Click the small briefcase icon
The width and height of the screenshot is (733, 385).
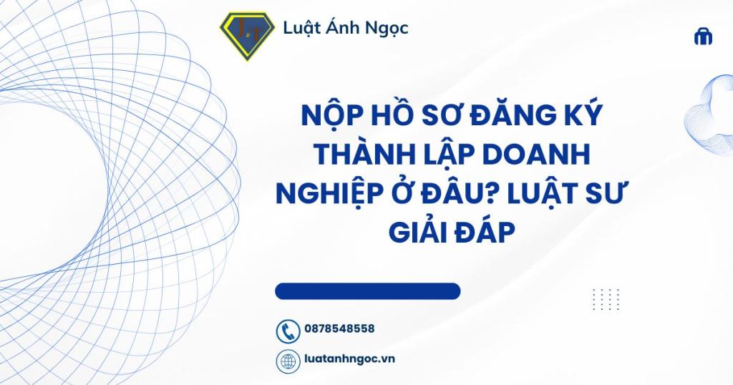(703, 36)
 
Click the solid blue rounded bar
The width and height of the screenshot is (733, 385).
(368, 291)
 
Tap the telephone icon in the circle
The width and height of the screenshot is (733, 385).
(288, 331)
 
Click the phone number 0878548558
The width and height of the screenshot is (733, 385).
(339, 329)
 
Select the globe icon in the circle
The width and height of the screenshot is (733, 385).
(288, 361)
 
